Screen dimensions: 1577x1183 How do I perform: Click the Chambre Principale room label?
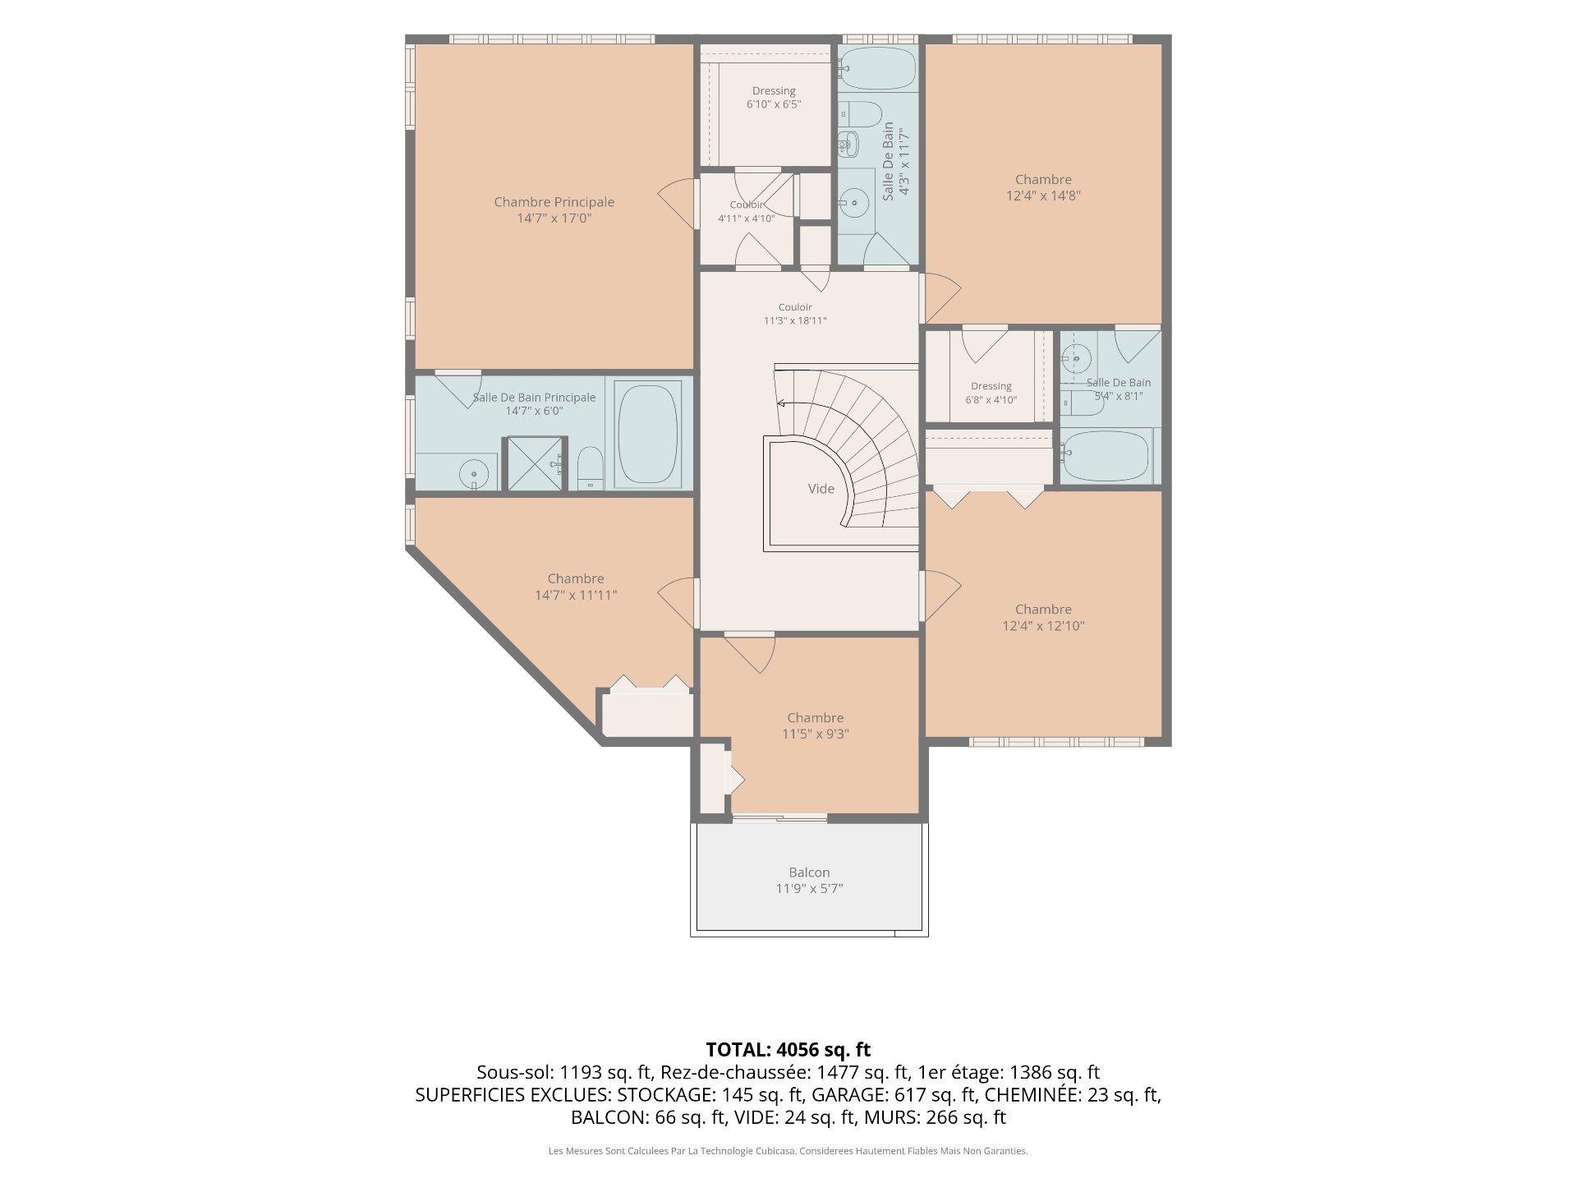554,202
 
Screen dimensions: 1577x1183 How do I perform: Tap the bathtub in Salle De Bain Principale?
648,434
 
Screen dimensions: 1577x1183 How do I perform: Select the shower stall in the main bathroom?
535,464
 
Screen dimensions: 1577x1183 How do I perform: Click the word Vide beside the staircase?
821,489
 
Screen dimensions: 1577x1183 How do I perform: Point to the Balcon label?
809,872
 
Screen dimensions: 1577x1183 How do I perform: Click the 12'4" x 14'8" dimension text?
1043,196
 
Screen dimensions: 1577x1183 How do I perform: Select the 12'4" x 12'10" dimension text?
1043,626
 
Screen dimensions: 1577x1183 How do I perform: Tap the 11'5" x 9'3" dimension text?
816,734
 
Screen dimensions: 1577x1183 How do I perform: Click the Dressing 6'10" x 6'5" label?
774,98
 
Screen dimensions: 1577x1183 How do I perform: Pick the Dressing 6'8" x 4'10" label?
991,393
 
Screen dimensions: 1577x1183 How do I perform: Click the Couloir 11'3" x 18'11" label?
795,314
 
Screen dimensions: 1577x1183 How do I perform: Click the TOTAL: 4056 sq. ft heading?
788,1049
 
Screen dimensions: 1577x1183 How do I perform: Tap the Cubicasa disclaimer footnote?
788,1151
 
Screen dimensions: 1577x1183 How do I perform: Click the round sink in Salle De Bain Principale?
474,474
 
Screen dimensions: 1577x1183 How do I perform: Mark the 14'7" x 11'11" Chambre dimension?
576,595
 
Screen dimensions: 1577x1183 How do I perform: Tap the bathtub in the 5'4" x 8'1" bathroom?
1106,456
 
